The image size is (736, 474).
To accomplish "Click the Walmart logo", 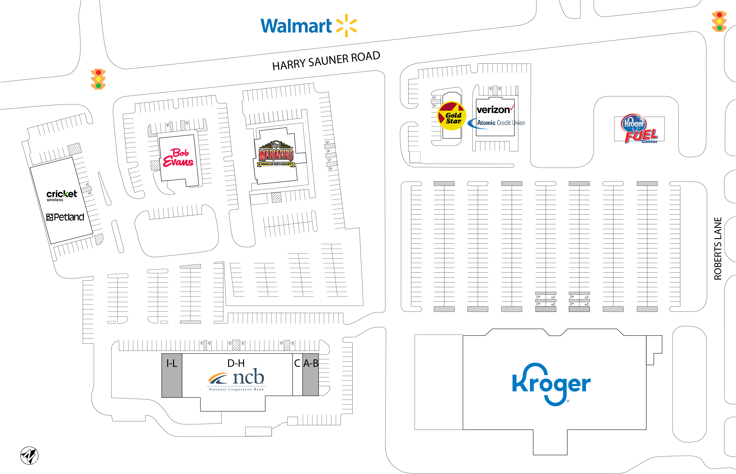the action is click(x=308, y=26).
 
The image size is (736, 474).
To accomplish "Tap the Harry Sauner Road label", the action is click(x=326, y=61).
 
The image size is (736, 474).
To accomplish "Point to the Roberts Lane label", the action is click(x=718, y=248).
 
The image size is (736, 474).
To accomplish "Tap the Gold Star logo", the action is click(x=452, y=116).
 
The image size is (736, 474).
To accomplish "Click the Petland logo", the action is click(x=65, y=217).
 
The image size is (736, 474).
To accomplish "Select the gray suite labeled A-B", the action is click(x=311, y=375).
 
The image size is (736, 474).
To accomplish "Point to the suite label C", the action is click(x=297, y=364).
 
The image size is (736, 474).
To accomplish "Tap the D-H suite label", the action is click(x=236, y=364).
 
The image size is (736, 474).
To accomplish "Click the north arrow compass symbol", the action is click(x=29, y=456).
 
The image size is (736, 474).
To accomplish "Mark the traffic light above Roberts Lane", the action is click(x=719, y=21).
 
